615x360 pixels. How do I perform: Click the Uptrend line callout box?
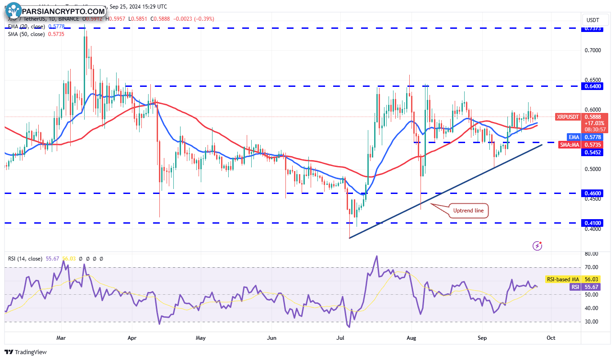point(469,210)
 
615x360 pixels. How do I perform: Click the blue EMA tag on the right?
point(574,136)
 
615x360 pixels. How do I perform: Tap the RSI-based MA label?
point(563,279)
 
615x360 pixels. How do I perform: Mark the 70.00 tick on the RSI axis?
point(592,267)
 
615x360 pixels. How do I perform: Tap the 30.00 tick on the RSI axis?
point(592,322)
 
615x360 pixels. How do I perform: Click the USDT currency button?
point(592,20)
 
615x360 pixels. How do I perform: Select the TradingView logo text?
point(26,352)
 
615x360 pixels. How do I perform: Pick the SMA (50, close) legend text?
point(27,34)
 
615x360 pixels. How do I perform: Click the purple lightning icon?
point(537,245)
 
